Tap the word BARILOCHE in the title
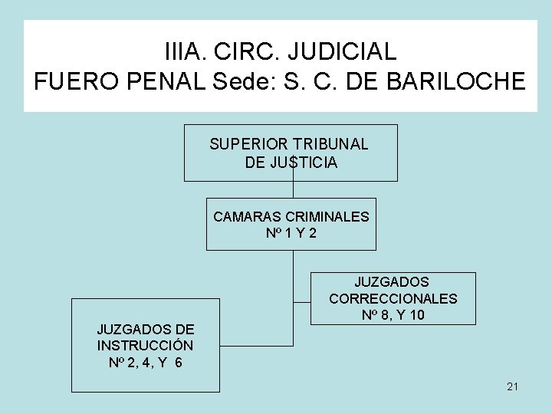click(x=462, y=81)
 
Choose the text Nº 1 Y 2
click(x=291, y=234)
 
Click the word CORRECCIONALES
click(x=393, y=298)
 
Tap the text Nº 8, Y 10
click(x=393, y=315)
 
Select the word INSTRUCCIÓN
click(x=145, y=345)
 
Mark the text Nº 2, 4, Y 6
click(x=145, y=362)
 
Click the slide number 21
click(x=512, y=386)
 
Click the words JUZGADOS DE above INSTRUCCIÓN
click(x=145, y=329)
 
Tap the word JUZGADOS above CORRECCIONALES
click(x=393, y=282)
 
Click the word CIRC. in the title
click(x=257, y=52)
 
